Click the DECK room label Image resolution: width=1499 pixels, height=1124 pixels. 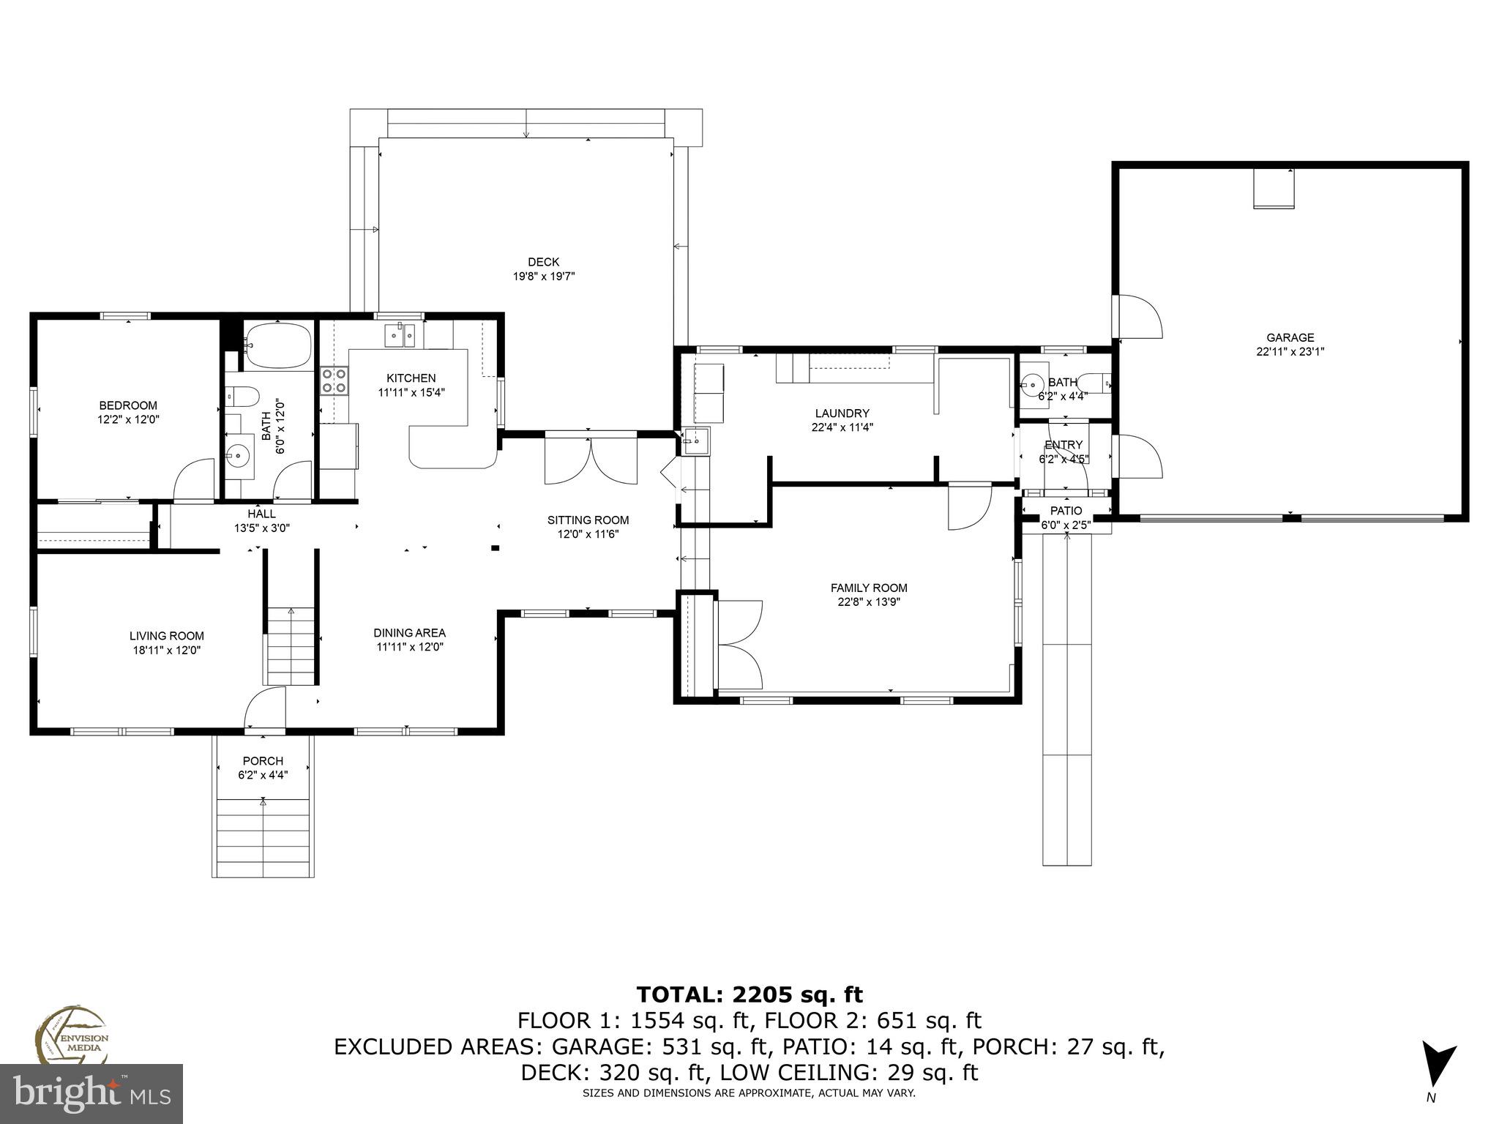click(543, 262)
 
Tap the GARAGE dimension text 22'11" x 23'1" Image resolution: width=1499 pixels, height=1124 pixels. click(1290, 351)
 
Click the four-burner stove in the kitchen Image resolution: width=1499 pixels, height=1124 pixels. click(334, 381)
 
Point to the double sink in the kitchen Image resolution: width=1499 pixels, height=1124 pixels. click(400, 337)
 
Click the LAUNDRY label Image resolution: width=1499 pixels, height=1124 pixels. click(842, 413)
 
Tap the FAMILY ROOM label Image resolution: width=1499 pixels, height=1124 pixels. click(868, 588)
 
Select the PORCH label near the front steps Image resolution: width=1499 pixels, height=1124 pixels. click(263, 761)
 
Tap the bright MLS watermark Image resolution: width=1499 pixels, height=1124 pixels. click(91, 1093)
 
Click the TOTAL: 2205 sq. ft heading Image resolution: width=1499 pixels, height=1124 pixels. click(749, 994)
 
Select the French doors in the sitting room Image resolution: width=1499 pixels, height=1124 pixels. click(591, 460)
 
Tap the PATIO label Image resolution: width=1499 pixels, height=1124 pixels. click(1066, 511)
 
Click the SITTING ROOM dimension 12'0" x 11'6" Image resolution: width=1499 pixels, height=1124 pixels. click(588, 534)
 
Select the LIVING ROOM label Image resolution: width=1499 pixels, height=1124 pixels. click(166, 636)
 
